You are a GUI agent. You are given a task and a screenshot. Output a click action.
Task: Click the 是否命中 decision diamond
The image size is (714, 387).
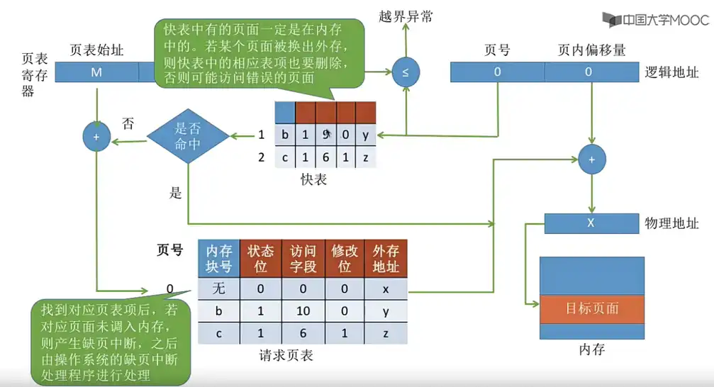(188, 135)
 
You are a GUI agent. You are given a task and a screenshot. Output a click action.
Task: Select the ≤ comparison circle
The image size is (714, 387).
(406, 73)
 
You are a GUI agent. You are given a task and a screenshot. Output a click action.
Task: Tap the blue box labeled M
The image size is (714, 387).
(96, 72)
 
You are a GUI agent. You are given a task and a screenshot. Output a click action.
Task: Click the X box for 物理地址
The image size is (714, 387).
(590, 223)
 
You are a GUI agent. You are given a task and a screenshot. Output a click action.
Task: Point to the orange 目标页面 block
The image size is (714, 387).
(592, 308)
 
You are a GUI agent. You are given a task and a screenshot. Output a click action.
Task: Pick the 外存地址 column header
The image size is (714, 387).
(386, 259)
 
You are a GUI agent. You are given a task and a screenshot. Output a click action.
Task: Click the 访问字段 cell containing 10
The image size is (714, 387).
(303, 311)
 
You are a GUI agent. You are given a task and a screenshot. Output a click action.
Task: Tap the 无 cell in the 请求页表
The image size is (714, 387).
(219, 288)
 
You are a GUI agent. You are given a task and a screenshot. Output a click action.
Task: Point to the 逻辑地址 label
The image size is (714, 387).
(671, 72)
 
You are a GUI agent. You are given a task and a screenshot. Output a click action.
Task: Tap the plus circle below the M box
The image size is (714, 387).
(96, 135)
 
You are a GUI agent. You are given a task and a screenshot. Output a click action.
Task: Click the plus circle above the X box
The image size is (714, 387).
(591, 160)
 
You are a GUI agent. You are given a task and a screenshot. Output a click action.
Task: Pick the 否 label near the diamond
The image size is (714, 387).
(128, 123)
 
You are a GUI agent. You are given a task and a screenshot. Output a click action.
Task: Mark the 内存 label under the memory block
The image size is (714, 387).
(592, 349)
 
